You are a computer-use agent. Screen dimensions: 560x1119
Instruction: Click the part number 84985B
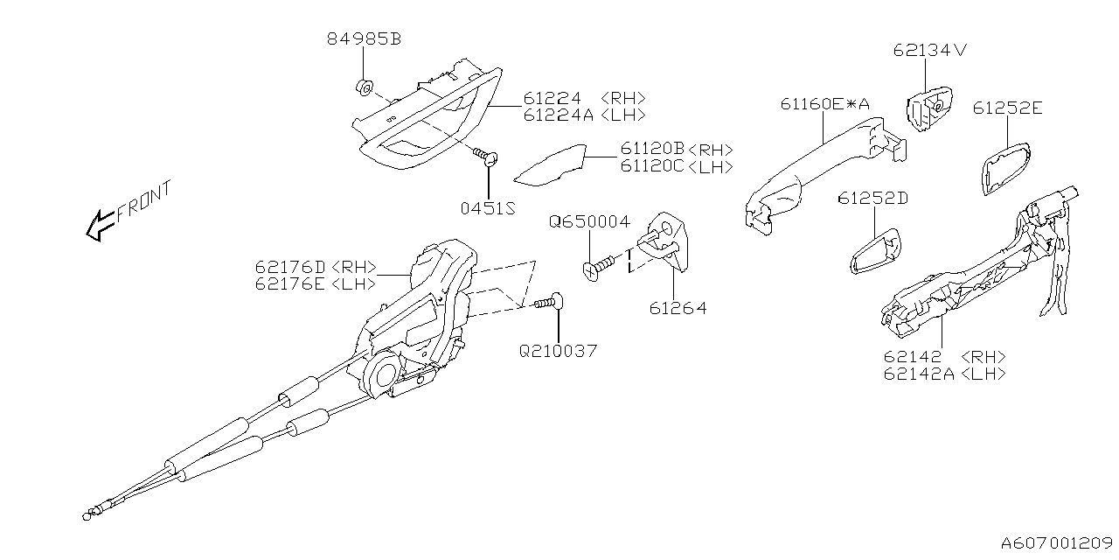[x=364, y=39]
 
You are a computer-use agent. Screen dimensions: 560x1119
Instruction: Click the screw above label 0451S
[x=485, y=157]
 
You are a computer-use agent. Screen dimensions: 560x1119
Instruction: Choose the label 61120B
[x=653, y=150]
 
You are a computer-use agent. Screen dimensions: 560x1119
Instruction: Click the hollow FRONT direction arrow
[x=98, y=226]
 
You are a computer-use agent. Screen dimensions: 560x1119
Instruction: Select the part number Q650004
[x=588, y=222]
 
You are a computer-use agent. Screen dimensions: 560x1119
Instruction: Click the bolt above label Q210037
[x=548, y=303]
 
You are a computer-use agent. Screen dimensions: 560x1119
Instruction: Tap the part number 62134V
[x=930, y=50]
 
